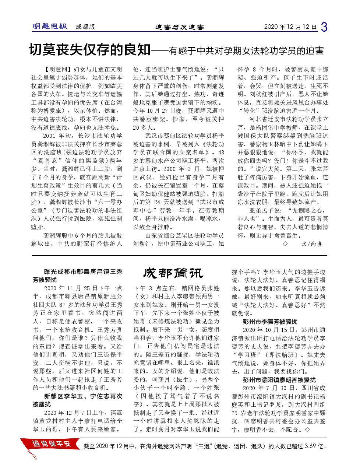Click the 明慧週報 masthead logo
(50, 27)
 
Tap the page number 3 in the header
(324, 27)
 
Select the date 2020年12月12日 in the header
(290, 27)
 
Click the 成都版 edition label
(85, 27)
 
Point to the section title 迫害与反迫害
(179, 27)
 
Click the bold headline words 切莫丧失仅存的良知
(90, 50)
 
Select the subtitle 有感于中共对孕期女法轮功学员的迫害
(246, 51)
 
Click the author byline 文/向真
(312, 244)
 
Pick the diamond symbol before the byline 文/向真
(285, 244)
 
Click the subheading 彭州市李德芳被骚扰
(270, 322)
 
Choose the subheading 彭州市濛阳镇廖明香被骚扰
(279, 380)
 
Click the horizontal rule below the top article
(179, 255)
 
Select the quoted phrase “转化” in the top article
(249, 111)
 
